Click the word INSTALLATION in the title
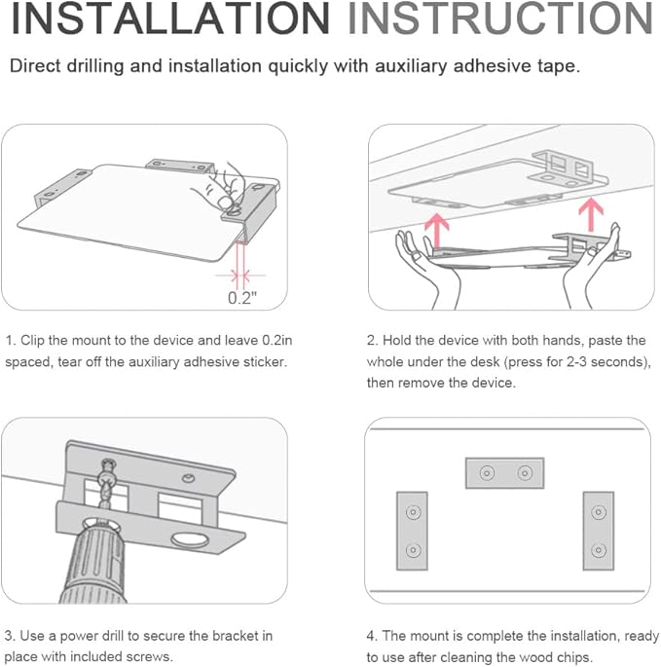click(x=170, y=19)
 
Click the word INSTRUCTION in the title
click(x=500, y=19)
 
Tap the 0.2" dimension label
click(x=242, y=298)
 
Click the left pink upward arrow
click(x=437, y=231)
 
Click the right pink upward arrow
click(x=591, y=214)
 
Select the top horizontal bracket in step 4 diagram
click(x=504, y=473)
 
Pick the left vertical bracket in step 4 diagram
click(x=412, y=531)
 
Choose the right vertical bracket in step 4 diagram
click(x=599, y=531)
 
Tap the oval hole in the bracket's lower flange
click(x=190, y=540)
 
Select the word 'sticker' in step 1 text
click(x=264, y=362)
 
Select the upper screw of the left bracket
click(x=413, y=512)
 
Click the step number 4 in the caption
click(x=372, y=636)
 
